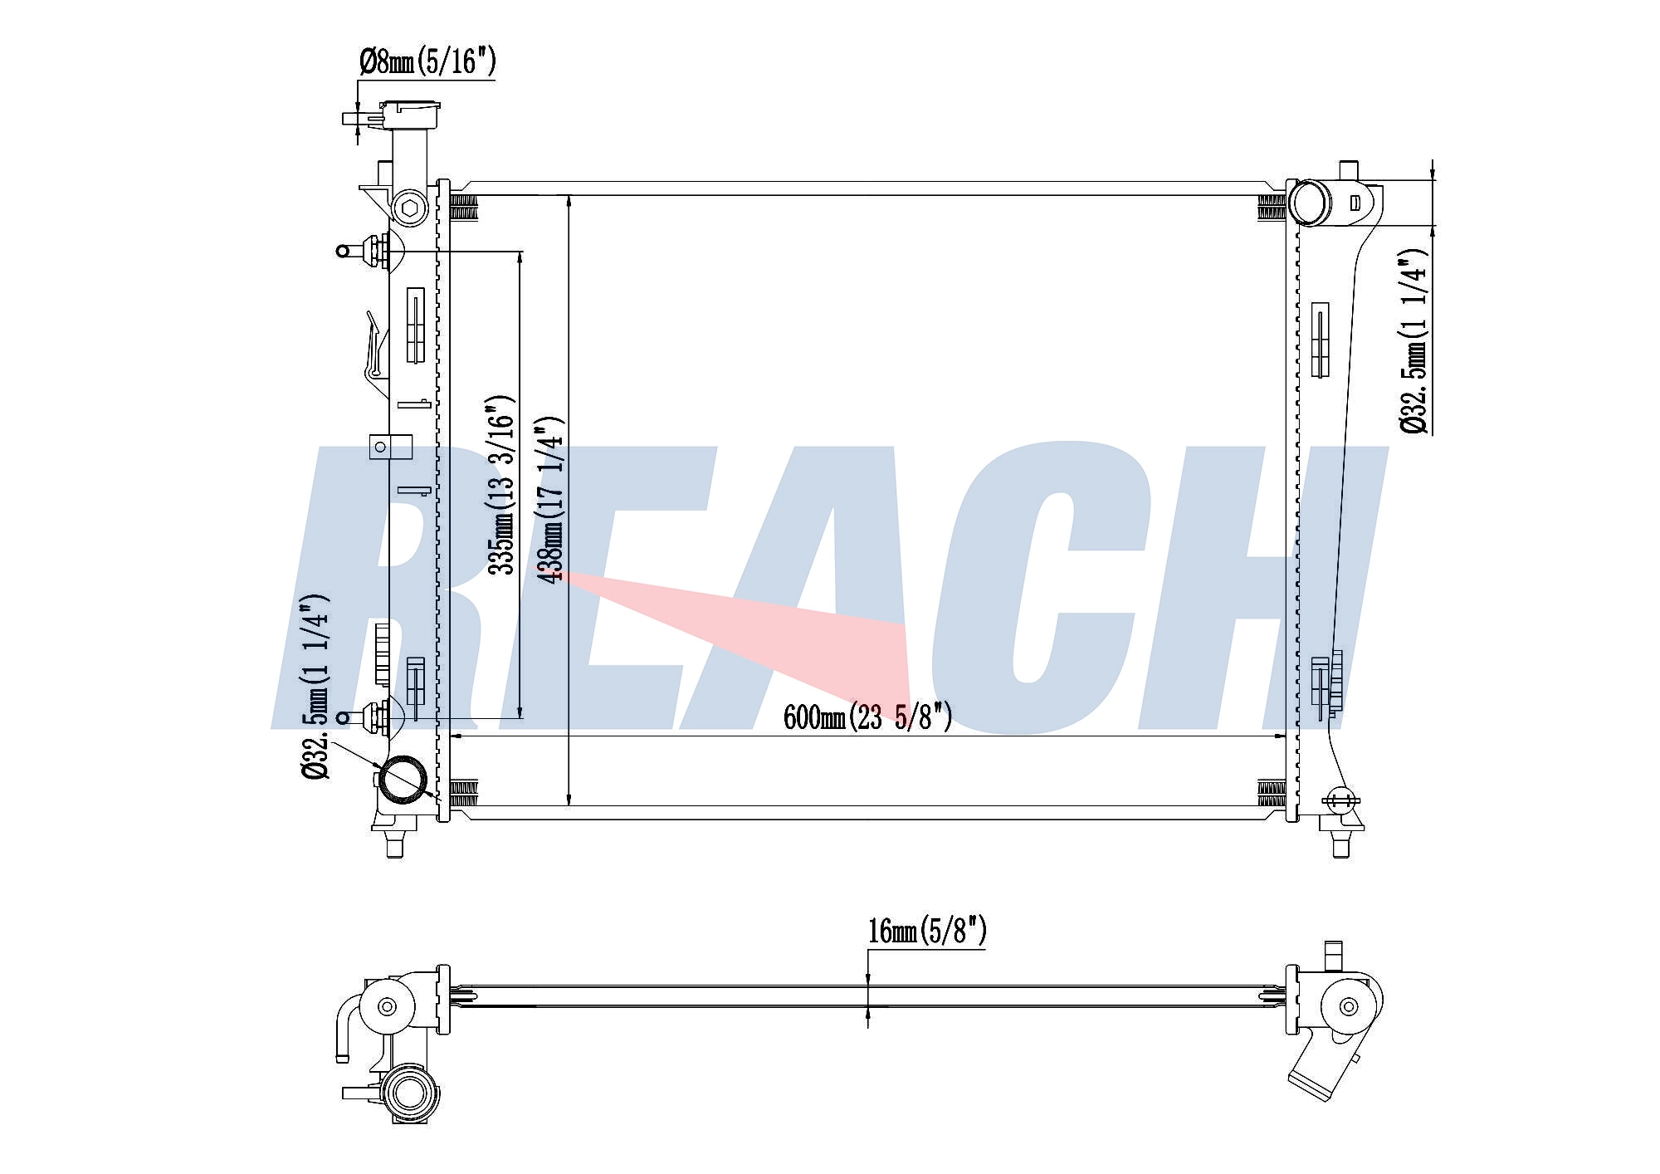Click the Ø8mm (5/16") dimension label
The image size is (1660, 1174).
[427, 61]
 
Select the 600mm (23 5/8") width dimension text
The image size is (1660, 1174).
[867, 717]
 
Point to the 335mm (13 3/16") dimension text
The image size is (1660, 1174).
[501, 485]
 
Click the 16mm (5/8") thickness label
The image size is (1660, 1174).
[927, 932]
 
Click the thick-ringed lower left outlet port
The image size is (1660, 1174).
[404, 780]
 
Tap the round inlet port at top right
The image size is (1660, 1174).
[1309, 202]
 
